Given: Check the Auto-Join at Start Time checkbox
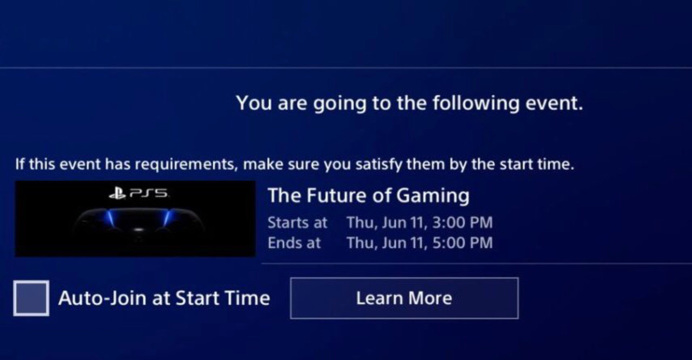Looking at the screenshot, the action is pos(31,298).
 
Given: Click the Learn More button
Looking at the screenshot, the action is pos(404,298).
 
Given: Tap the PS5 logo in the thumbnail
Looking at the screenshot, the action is pos(139,194).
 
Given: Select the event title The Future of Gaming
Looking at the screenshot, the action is pos(369,196).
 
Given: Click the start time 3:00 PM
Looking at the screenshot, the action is pos(462,223).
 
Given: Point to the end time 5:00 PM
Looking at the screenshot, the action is pos(462,243).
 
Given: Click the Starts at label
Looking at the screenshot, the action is pos(297,223).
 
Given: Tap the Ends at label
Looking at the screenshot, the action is pos(294,243).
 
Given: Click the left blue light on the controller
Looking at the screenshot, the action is pos(110,217).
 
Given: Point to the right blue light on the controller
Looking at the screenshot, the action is pos(167,217).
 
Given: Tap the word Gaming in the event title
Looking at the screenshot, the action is pos(433,196).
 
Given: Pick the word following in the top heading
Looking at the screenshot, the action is pos(476,103).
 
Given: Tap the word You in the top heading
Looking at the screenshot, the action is pos(255,103).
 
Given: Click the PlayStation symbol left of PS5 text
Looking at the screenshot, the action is pos(117,194).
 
